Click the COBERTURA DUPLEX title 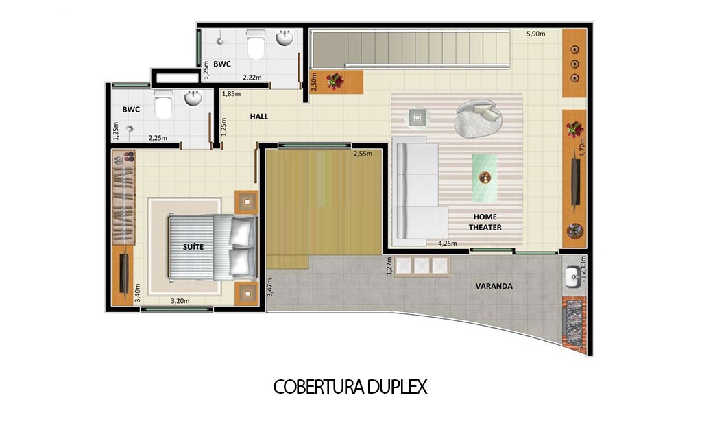click(350, 387)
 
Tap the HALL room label click(259, 117)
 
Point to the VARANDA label click(494, 286)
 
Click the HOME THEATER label click(485, 222)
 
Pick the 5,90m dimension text click(535, 34)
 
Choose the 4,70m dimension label click(582, 149)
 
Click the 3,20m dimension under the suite click(180, 300)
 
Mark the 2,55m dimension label click(363, 154)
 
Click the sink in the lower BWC click(193, 99)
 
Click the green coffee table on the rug click(485, 178)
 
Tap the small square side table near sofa click(417, 117)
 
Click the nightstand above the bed click(246, 202)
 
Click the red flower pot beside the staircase click(335, 81)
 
